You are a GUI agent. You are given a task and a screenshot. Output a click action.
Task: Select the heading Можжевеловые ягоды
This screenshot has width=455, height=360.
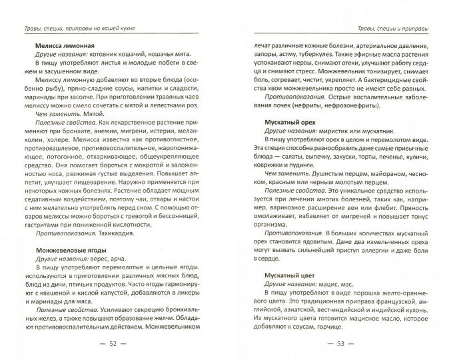59,249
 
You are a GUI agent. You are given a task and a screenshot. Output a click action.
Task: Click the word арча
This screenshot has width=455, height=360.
115,258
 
